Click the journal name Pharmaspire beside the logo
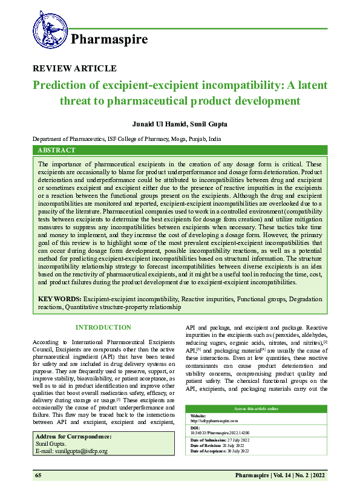point(110,41)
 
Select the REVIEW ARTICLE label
point(74,69)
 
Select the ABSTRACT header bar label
point(56,150)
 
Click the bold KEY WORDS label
point(59,299)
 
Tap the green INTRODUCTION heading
point(103,327)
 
